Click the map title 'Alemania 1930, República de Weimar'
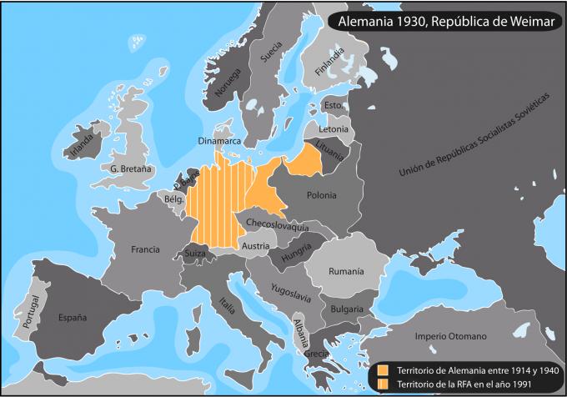tap(440, 20)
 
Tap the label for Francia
tap(145, 249)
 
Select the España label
tap(72, 317)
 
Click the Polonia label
tap(321, 195)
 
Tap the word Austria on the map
tap(255, 245)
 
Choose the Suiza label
tap(195, 253)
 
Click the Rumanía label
tap(346, 271)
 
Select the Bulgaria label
tap(346, 309)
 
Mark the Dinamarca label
tap(219, 141)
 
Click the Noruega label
tap(228, 81)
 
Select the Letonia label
tap(334, 129)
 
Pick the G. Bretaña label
tap(131, 168)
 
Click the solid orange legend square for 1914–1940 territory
tap(383, 369)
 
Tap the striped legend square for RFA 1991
tap(383, 383)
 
